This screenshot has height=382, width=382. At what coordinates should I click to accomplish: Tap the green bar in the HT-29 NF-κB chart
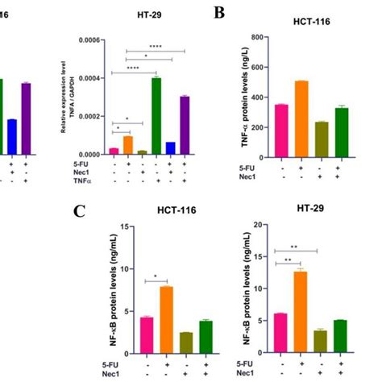pyautogui.click(x=340, y=326)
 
